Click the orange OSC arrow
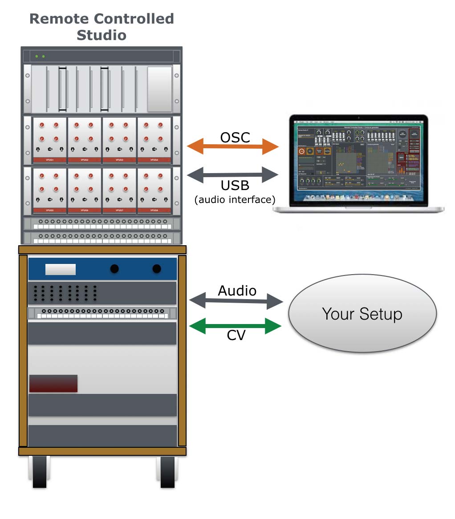pyautogui.click(x=232, y=146)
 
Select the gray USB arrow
pyautogui.click(x=232, y=174)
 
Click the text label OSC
pyautogui.click(x=235, y=138)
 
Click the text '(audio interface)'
pyautogui.click(x=235, y=200)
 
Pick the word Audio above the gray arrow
pyautogui.click(x=237, y=291)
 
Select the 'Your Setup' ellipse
pyautogui.click(x=362, y=314)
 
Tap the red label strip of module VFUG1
pyautogui.click(x=49, y=159)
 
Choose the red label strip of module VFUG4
pyautogui.click(x=154, y=159)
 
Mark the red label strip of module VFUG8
pyautogui.click(x=154, y=210)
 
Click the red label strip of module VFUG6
pyautogui.click(x=85, y=210)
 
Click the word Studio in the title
pyautogui.click(x=102, y=35)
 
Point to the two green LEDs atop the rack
pyautogui.click(x=40, y=57)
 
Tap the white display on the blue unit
pyautogui.click(x=60, y=269)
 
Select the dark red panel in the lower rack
pyautogui.click(x=53, y=384)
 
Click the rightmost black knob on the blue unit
pyautogui.click(x=157, y=268)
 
